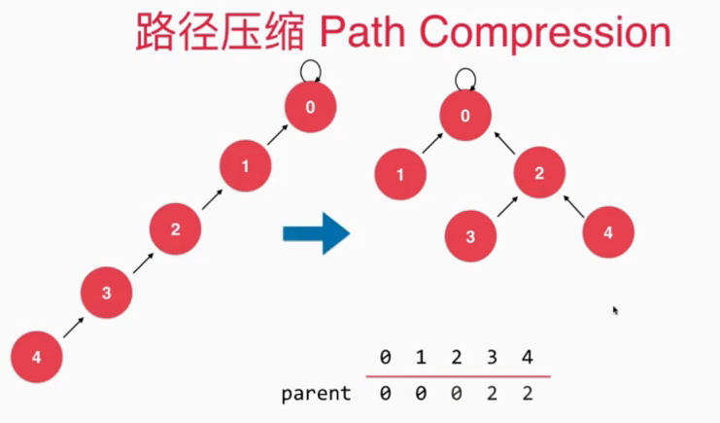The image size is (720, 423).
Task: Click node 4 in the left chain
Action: coord(37,357)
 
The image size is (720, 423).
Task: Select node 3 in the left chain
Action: coord(107,292)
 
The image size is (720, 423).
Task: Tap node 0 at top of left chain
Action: coord(310,107)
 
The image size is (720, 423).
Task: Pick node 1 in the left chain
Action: coord(244,166)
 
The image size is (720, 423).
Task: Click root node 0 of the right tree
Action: coord(464,117)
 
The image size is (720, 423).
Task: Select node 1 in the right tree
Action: coord(400,175)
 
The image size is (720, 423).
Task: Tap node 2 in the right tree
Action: coord(538,174)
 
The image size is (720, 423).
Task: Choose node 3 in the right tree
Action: coord(469,235)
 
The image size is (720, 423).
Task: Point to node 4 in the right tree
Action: coord(608,233)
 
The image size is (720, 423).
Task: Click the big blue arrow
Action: coord(316,233)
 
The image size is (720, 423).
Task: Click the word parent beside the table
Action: coord(316,394)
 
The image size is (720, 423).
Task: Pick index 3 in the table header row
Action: coord(493,358)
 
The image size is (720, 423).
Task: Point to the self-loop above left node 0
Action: coord(310,68)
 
